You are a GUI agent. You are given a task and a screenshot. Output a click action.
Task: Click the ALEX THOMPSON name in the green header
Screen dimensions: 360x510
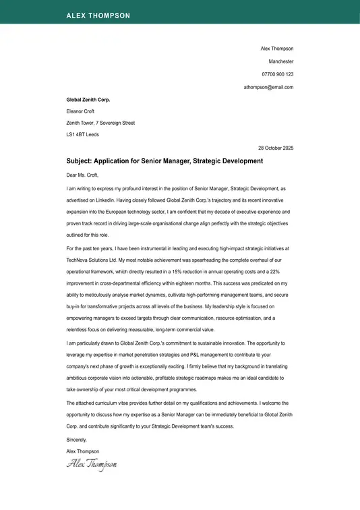(x=98, y=16)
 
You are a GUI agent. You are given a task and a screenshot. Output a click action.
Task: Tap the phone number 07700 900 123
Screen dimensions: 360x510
(x=277, y=74)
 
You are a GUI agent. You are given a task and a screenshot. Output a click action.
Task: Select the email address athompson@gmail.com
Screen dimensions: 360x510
(x=268, y=87)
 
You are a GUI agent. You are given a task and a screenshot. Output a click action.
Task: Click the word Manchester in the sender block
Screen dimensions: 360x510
(x=280, y=61)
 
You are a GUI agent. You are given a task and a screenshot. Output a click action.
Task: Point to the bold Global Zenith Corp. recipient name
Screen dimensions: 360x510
(x=88, y=99)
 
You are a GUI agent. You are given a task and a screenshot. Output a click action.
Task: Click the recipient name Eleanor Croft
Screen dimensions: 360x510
(x=80, y=111)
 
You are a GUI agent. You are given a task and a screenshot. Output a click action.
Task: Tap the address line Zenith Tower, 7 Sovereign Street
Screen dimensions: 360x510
(x=100, y=123)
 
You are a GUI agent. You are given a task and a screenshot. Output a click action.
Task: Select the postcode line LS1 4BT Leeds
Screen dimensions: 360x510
(x=82, y=135)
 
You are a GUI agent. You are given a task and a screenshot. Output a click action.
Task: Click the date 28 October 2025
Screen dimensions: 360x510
(x=276, y=148)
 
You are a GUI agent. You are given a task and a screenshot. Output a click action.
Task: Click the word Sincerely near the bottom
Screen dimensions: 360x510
(x=78, y=439)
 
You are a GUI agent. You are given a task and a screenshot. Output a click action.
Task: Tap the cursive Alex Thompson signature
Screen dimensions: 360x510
(x=92, y=464)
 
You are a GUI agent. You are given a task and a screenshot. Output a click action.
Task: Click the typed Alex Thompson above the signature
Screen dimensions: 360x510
(x=83, y=451)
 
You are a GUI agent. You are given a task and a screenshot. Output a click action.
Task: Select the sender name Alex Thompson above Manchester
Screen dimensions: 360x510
(x=277, y=49)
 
